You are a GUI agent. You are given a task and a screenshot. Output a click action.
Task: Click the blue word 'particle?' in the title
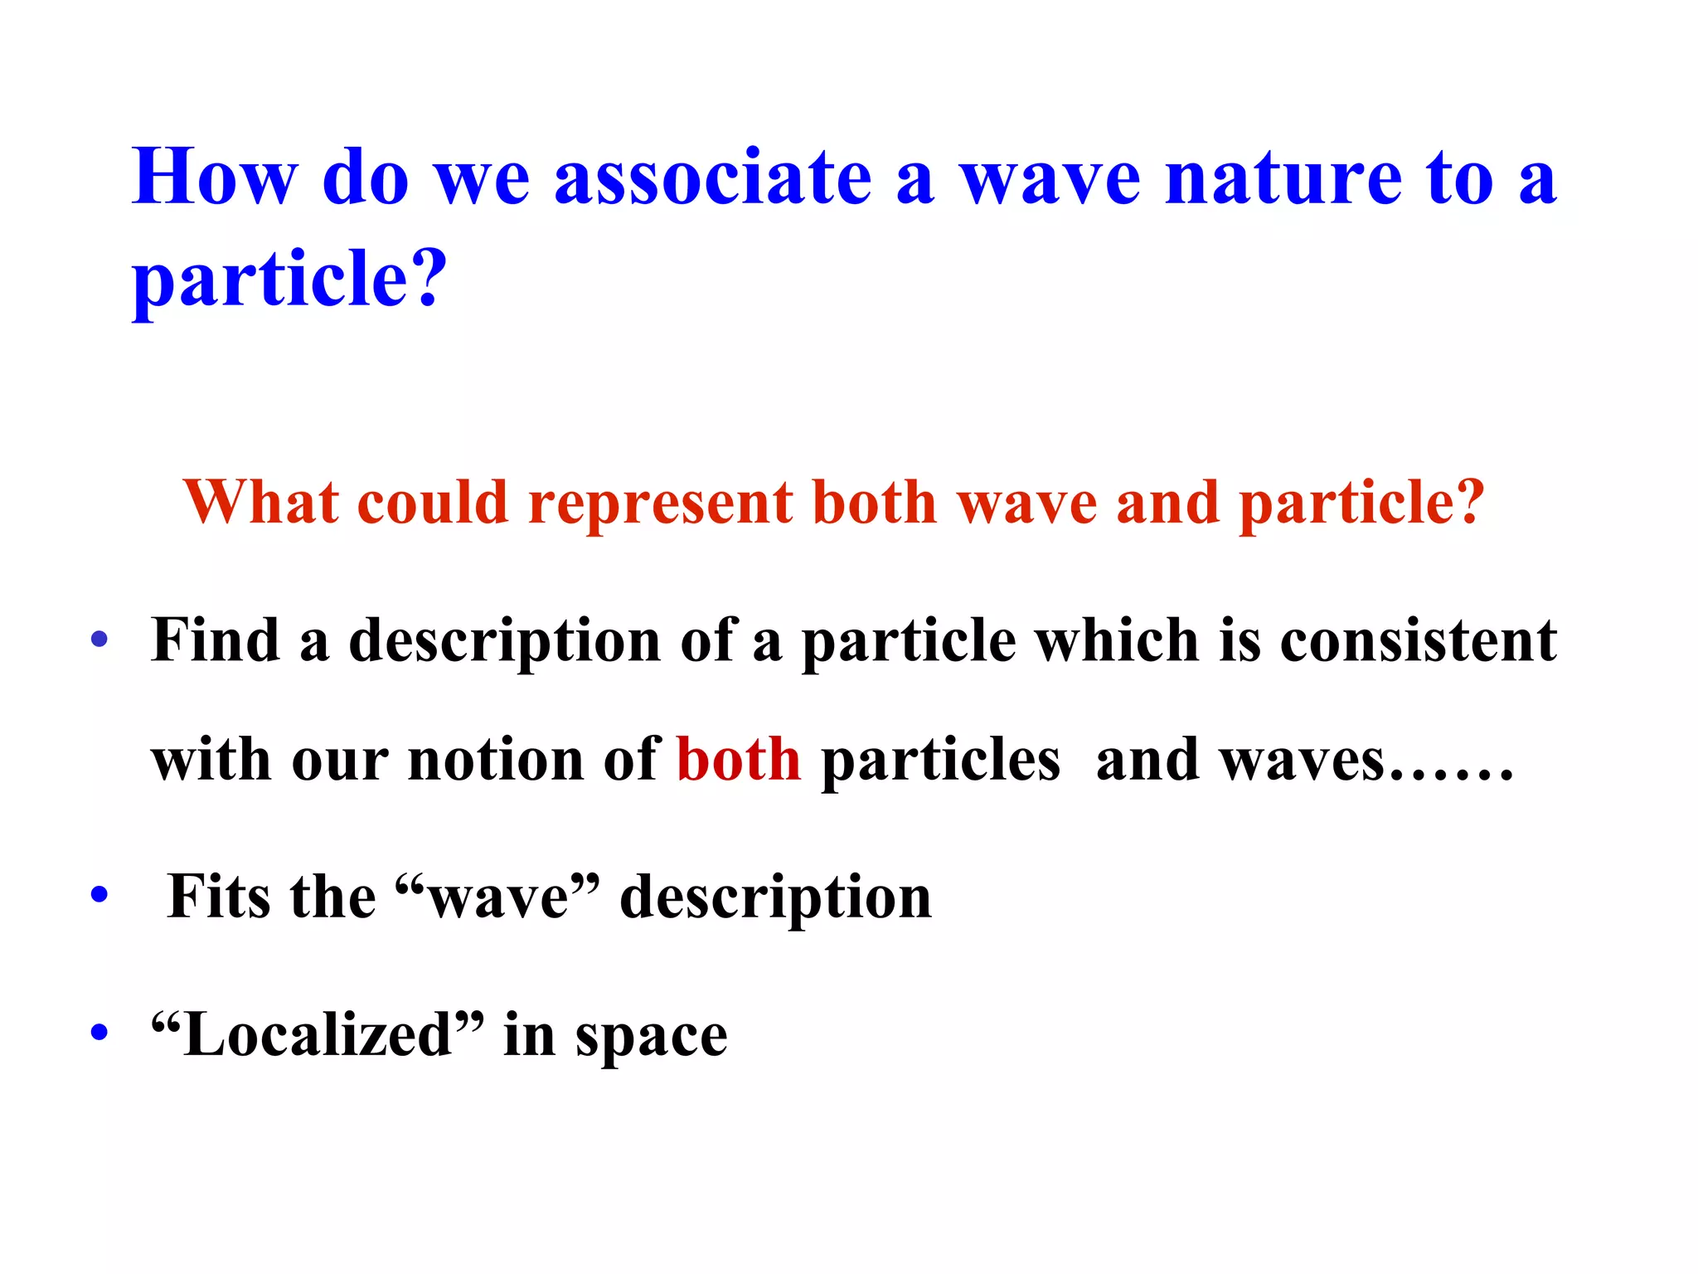[x=289, y=280]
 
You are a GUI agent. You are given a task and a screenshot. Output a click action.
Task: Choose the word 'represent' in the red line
[x=661, y=504]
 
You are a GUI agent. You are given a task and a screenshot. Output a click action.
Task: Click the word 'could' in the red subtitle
[x=432, y=503]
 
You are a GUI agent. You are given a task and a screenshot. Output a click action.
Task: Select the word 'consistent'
[x=1418, y=640]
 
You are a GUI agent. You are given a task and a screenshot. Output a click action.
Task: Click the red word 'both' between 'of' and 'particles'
[x=739, y=760]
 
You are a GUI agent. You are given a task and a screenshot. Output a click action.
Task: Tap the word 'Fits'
[x=219, y=897]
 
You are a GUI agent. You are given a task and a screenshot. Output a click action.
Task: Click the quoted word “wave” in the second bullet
[x=497, y=897]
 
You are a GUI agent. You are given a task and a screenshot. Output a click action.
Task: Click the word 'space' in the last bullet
[x=651, y=1038]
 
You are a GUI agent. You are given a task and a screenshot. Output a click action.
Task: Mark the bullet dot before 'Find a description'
[x=99, y=639]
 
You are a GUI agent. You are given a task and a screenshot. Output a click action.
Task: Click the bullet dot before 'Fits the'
[x=99, y=896]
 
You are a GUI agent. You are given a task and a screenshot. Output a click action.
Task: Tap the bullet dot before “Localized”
[x=99, y=1033]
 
